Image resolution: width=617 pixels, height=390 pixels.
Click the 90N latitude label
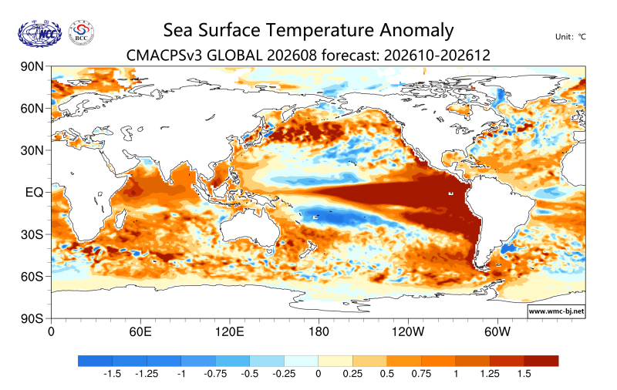pos(32,66)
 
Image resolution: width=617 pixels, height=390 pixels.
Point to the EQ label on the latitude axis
pos(34,192)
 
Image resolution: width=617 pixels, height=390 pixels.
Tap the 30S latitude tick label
pos(32,234)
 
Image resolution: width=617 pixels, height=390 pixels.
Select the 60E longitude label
pos(140,332)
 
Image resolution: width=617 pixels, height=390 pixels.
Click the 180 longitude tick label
pos(319,332)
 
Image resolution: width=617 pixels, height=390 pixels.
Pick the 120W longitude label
pos(408,332)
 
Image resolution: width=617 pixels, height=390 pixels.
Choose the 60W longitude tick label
pos(497,332)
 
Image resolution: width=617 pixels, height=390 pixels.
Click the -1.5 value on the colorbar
pos(112,374)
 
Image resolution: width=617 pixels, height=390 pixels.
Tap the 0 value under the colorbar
pos(319,374)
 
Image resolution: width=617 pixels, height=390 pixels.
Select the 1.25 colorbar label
pos(490,374)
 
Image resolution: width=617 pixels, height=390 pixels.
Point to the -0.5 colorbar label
pos(249,374)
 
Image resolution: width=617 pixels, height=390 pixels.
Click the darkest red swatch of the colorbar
pos(541,361)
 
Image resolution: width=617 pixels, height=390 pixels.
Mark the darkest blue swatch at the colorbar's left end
pos(95,361)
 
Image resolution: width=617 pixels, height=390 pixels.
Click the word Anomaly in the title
pos(416,31)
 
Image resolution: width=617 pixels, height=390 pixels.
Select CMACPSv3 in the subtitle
pos(164,55)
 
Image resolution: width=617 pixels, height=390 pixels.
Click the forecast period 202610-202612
pos(437,55)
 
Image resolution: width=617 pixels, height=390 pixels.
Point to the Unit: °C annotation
pos(570,37)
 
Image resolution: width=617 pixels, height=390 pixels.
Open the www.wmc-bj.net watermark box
pos(556,311)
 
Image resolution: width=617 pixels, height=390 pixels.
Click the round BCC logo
pos(82,32)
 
